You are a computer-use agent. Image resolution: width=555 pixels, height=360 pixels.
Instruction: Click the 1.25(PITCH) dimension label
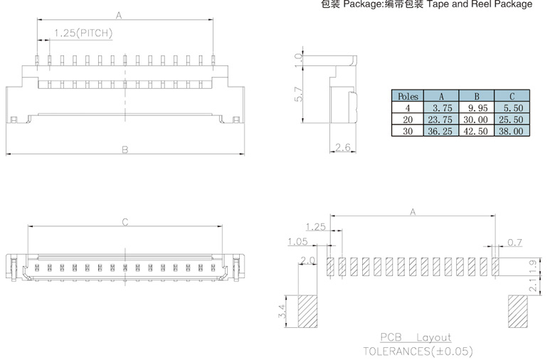point(83,33)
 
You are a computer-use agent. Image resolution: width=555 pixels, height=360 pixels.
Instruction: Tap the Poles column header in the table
point(408,96)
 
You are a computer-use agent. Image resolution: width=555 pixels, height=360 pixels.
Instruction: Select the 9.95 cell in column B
point(477,108)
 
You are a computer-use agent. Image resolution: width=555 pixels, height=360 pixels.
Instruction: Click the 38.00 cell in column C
point(511,132)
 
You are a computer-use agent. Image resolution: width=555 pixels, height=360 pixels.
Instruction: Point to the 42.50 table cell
point(476,132)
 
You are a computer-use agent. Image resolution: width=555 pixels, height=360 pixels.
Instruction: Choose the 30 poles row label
point(408,132)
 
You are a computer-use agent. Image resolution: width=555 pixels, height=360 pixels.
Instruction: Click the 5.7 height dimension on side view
point(299,94)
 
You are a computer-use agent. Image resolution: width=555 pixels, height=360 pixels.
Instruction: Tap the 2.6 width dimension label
point(343,147)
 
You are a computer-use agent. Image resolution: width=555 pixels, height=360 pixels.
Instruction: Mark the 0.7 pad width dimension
point(514,243)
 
